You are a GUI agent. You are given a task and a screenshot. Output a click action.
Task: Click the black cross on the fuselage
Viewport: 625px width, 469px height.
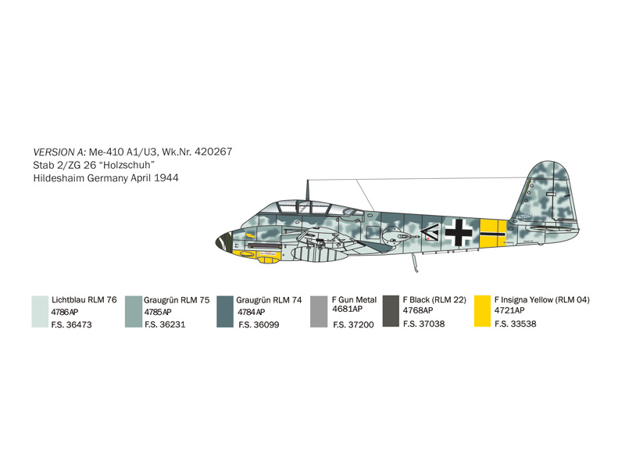[x=459, y=232]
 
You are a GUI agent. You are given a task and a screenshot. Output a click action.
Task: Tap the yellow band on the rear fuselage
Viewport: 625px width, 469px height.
[x=493, y=233]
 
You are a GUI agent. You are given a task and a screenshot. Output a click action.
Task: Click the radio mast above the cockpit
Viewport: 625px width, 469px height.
[x=307, y=191]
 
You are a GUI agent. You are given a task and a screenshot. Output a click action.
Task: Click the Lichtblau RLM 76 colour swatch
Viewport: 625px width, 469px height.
[x=40, y=311]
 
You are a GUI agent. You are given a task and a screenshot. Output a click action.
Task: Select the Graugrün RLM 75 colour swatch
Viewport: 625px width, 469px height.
[x=134, y=311]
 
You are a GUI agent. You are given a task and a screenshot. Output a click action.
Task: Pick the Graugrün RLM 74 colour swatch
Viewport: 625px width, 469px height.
[x=225, y=311]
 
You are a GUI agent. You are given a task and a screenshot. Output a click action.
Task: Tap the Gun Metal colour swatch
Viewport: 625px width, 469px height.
[x=319, y=311]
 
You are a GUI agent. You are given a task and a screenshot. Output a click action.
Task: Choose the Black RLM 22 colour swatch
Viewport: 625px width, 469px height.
[x=391, y=311]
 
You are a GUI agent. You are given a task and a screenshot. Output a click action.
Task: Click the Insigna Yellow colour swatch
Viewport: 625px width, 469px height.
[x=482, y=311]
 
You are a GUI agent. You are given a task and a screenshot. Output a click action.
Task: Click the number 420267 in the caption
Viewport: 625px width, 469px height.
[x=213, y=152]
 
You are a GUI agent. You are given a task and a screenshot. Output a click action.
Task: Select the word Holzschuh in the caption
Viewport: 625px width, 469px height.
[x=129, y=165]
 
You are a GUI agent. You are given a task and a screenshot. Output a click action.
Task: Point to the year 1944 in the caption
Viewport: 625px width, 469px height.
[x=166, y=178]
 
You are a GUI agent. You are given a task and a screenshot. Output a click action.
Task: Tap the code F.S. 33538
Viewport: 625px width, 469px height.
[x=516, y=324]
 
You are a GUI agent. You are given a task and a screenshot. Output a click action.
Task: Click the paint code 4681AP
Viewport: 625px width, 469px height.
[x=348, y=309]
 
